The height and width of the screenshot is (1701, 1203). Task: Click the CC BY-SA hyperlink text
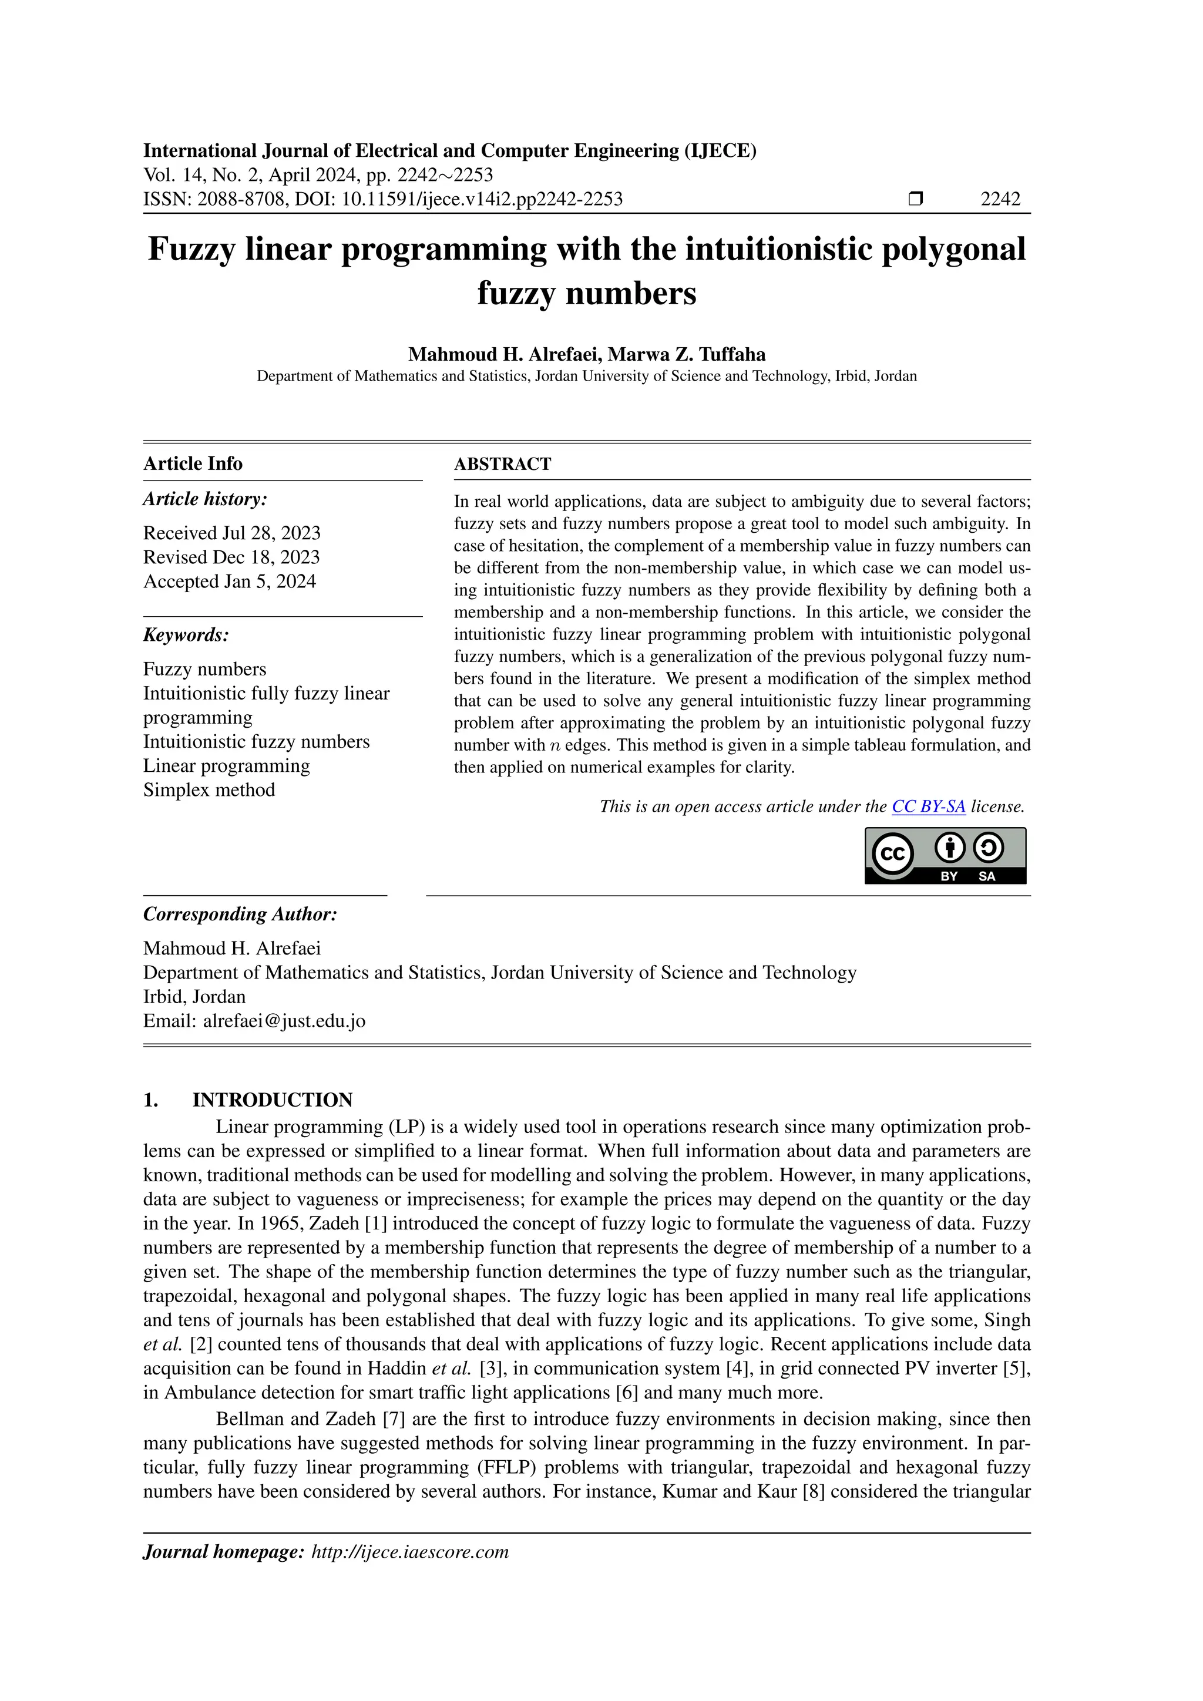(x=928, y=807)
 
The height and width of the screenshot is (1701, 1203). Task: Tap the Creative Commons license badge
(x=945, y=855)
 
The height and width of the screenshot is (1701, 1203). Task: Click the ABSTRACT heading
(x=502, y=465)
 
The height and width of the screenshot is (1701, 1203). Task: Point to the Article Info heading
(x=193, y=464)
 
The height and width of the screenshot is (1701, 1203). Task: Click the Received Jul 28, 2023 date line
(x=232, y=533)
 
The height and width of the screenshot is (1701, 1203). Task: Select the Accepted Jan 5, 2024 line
(x=230, y=581)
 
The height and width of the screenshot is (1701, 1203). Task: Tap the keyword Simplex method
(x=209, y=791)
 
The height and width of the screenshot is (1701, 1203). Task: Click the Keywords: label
(x=186, y=635)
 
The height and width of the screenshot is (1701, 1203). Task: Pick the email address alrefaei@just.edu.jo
(x=284, y=1021)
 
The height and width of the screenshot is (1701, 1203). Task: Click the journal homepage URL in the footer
(x=411, y=1552)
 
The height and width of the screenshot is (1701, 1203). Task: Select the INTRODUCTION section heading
(x=272, y=1100)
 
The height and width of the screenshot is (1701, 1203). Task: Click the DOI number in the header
(x=482, y=199)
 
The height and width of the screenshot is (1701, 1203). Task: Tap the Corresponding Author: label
(x=240, y=914)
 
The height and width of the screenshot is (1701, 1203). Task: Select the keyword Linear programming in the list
(x=227, y=766)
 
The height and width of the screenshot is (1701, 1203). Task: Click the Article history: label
(x=205, y=499)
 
